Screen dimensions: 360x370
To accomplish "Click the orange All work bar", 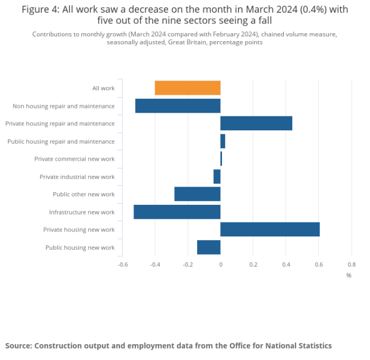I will point(187,88).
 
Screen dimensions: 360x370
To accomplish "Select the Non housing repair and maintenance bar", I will point(178,106).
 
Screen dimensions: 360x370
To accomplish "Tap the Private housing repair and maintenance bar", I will point(256,123).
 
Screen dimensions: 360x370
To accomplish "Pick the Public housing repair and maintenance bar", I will point(223,141).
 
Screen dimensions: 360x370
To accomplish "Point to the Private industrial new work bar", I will point(217,176).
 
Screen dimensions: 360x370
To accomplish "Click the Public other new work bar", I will point(197,194).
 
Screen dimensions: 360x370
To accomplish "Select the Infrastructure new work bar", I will point(177,212).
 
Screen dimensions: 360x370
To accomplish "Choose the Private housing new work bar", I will point(270,229).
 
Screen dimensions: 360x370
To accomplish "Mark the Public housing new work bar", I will point(209,247).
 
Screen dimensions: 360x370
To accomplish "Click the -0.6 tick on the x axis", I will point(123,264).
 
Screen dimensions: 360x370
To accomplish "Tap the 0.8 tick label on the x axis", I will point(351,264).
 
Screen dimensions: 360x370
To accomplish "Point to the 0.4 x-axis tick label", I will point(286,264).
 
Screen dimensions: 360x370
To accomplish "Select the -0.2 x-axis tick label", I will point(187,264).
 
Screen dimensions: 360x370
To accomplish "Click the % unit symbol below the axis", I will point(349,275).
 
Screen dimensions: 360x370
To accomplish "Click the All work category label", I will point(103,88).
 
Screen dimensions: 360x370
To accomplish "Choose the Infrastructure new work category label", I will point(82,212).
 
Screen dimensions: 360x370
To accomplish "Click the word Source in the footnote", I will point(19,345).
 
